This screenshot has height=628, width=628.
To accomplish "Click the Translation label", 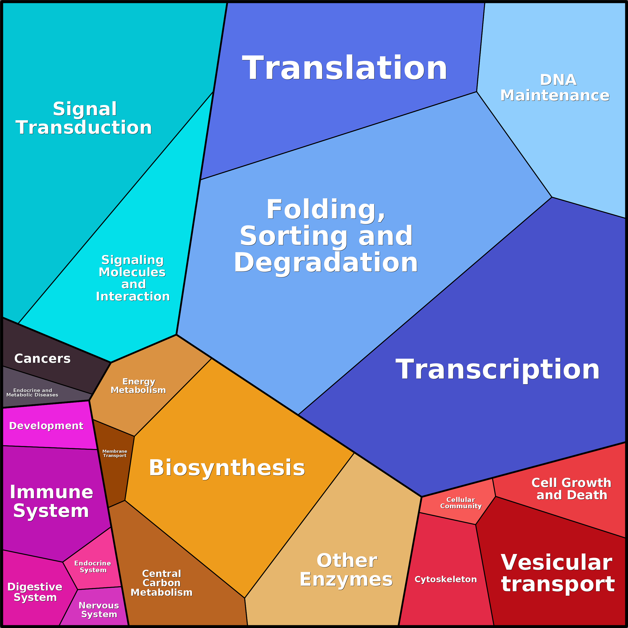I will click(344, 68).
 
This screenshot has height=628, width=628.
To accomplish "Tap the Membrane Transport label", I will click(115, 453).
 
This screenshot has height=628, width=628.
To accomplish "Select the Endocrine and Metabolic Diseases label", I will click(32, 393).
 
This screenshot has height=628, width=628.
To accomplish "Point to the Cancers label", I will click(42, 358).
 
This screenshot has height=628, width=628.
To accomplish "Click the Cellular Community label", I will click(460, 503).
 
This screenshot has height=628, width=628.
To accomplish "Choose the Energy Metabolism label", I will click(138, 386).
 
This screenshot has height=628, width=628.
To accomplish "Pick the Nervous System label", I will click(99, 610).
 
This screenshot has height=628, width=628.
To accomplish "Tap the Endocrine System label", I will click(93, 566).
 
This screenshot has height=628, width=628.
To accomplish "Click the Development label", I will click(46, 426).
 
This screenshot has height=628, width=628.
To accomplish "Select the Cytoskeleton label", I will click(446, 579).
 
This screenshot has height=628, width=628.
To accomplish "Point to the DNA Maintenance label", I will click(555, 88).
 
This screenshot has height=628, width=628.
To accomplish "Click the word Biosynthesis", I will click(227, 468).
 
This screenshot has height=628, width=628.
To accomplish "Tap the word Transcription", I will click(497, 369).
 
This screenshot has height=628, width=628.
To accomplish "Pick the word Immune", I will click(51, 492).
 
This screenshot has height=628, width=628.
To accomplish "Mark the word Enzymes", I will click(346, 579).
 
